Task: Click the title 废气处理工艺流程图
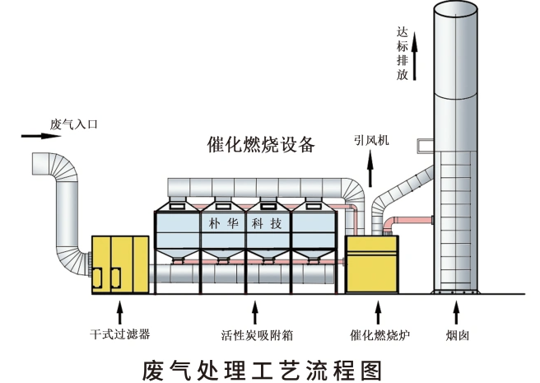pyautogui.click(x=263, y=367)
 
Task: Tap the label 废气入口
pyautogui.click(x=74, y=124)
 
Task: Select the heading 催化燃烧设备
pyautogui.click(x=261, y=145)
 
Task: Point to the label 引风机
pyautogui.click(x=371, y=141)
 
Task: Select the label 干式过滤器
pyautogui.click(x=120, y=335)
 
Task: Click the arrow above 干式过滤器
pyautogui.click(x=120, y=313)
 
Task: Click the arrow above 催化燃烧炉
pyautogui.click(x=378, y=313)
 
